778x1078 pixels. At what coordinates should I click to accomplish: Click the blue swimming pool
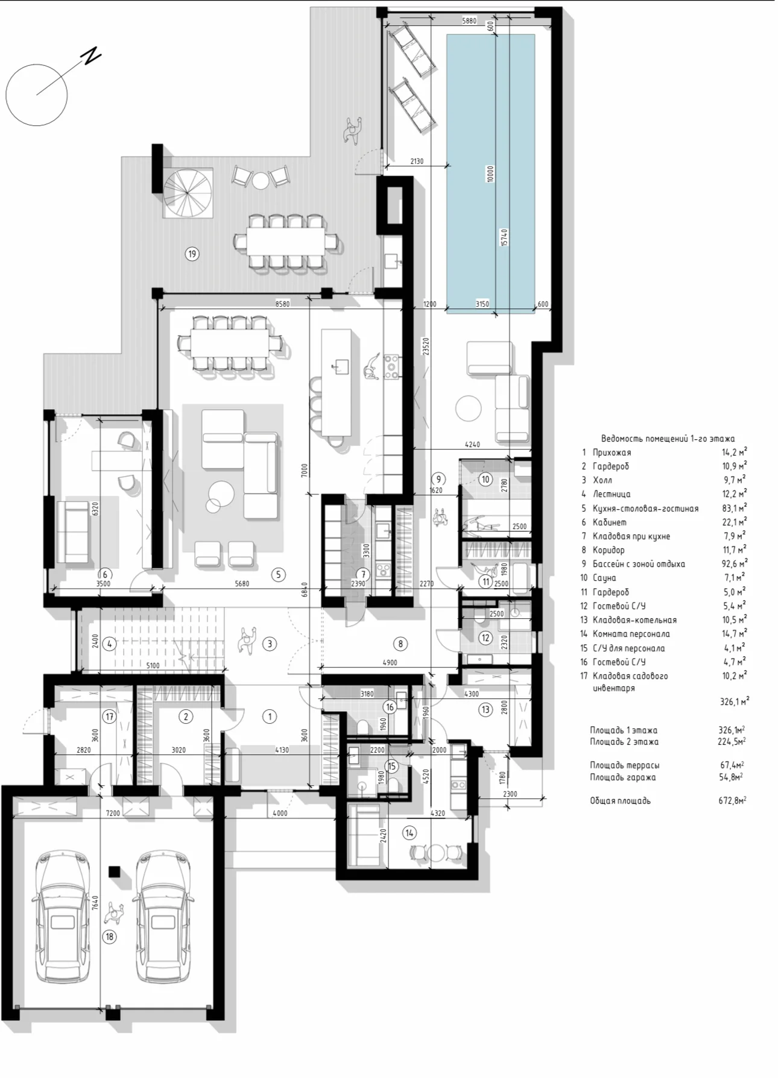[x=490, y=174]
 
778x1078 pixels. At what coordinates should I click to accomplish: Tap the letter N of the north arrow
[x=92, y=55]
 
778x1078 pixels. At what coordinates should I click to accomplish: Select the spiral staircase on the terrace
[x=188, y=192]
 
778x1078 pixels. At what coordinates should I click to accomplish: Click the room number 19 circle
[x=192, y=254]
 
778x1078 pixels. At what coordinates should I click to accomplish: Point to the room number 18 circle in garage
[x=109, y=936]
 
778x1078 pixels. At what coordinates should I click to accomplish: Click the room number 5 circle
[x=279, y=574]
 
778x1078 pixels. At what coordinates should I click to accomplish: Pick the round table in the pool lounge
[x=469, y=408]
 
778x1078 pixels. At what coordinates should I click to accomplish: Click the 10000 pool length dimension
[x=490, y=174]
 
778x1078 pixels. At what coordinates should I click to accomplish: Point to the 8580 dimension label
[x=282, y=304]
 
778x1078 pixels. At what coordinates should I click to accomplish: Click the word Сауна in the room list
[x=604, y=578]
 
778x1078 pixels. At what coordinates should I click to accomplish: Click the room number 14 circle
[x=410, y=833]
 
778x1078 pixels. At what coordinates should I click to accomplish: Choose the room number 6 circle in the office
[x=104, y=574]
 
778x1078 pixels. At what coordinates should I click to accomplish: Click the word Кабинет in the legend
[x=610, y=522]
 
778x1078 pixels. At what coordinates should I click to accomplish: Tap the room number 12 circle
[x=485, y=638]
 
